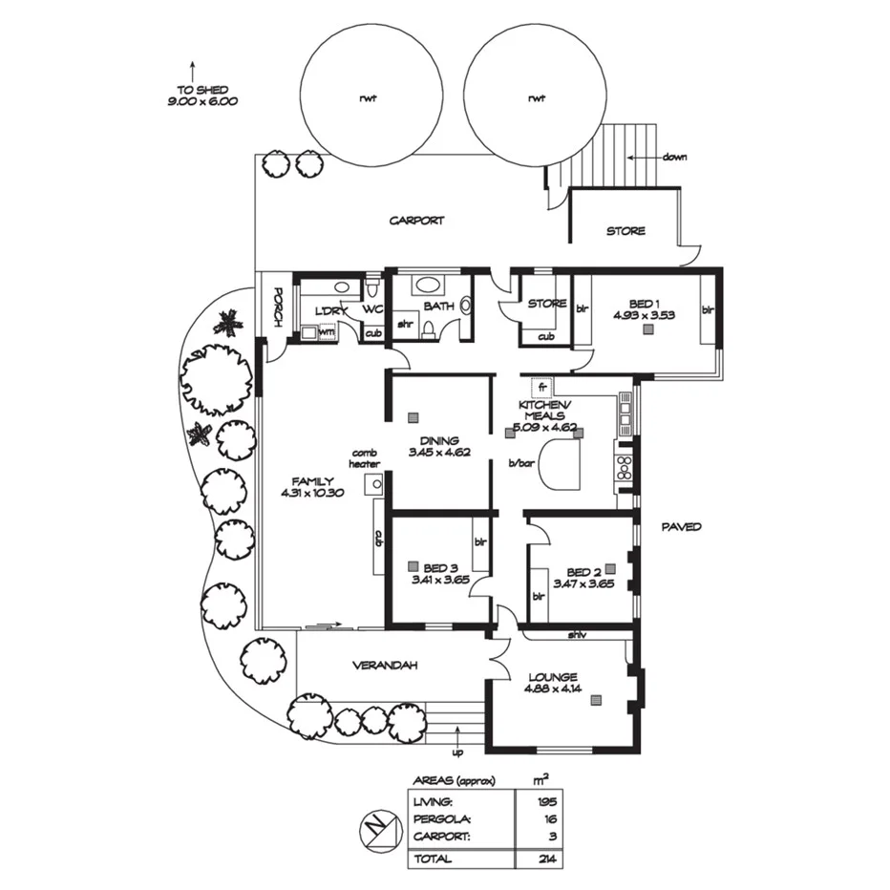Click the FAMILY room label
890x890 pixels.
coord(313,480)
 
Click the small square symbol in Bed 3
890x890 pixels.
coord(413,564)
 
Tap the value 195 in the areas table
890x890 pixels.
coord(547,801)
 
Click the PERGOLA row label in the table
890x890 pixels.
coord(442,819)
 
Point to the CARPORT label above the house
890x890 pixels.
coord(416,221)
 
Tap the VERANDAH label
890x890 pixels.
coord(387,666)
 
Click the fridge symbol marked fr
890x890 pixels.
coord(540,388)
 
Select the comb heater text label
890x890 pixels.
coord(366,458)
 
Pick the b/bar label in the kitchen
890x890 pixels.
coord(520,463)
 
